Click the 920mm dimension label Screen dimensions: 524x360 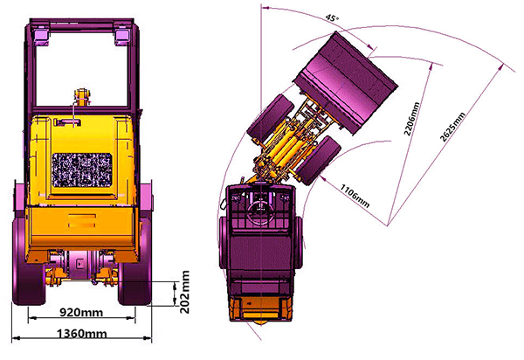81,312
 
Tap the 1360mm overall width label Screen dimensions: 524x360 82,334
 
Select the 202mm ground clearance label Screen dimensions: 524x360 184,292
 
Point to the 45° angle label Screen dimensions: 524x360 332,17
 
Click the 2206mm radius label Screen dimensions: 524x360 411,119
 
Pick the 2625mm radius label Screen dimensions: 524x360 452,127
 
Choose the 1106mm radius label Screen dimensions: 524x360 355,196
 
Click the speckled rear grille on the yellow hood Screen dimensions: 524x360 82,170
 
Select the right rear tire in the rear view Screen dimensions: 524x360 135,260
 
